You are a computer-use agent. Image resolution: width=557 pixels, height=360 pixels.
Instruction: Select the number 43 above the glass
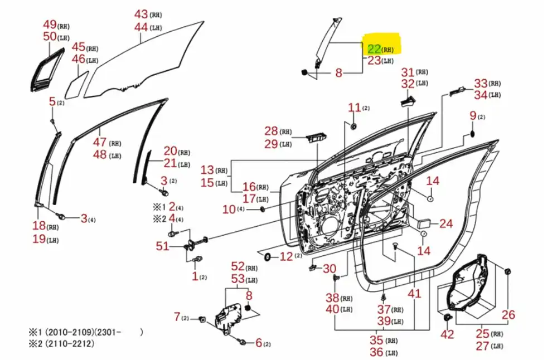(141, 14)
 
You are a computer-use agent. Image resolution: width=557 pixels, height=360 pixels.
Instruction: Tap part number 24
(446, 223)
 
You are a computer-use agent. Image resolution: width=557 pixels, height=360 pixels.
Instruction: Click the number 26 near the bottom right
(508, 315)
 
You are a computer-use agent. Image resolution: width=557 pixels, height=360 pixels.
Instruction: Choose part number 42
(447, 334)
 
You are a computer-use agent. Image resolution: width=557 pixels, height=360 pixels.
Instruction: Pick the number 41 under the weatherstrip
(414, 293)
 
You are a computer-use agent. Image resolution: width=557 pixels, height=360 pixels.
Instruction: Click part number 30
(330, 268)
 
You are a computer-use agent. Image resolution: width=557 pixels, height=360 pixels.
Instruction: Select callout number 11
(355, 108)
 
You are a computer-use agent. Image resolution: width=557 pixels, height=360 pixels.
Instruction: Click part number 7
(177, 317)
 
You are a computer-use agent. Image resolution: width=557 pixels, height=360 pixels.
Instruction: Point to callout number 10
(229, 209)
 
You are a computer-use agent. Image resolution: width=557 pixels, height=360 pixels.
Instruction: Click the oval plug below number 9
(472, 134)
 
